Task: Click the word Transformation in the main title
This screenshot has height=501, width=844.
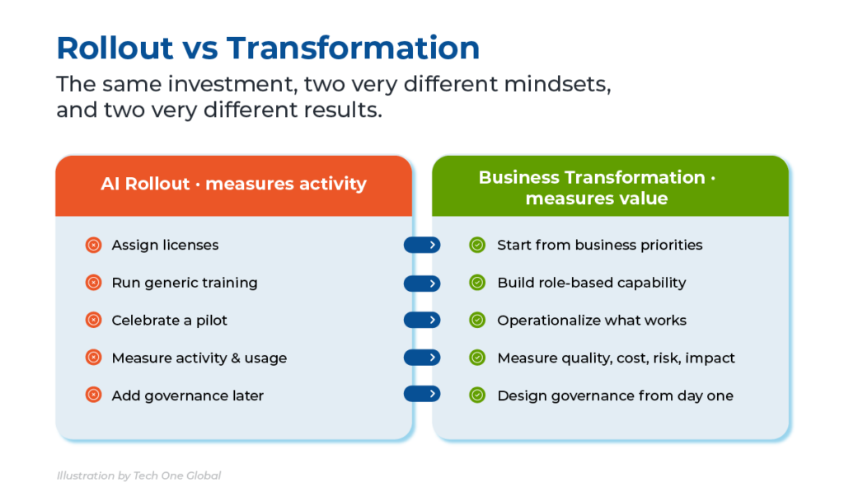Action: (x=353, y=47)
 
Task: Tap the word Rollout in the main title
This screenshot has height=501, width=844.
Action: (x=115, y=47)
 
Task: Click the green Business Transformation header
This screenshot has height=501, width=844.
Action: (x=611, y=186)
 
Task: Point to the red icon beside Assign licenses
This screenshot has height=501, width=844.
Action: (x=94, y=245)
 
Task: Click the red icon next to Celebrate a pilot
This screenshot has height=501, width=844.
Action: (x=94, y=321)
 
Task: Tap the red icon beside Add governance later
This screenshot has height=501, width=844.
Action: (x=94, y=395)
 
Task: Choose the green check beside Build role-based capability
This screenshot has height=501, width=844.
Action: (x=477, y=283)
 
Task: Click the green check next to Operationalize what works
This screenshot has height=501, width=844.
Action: (x=477, y=321)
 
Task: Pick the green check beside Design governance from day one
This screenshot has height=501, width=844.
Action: (x=477, y=395)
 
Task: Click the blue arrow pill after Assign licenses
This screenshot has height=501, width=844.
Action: (x=422, y=245)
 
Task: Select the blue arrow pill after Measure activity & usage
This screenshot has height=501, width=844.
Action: (x=422, y=358)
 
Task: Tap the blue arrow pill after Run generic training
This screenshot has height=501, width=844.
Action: (x=422, y=283)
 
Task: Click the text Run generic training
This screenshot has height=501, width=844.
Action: (x=185, y=283)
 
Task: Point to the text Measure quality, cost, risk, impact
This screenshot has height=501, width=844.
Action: (x=616, y=358)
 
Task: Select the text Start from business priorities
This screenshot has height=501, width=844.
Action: (x=600, y=246)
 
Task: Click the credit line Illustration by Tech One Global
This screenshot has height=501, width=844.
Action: (x=138, y=475)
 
